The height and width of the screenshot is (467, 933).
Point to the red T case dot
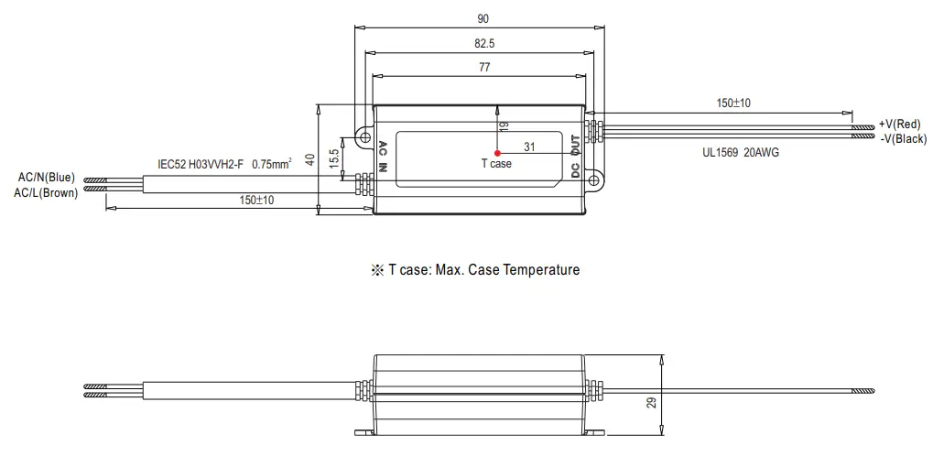coord(496,153)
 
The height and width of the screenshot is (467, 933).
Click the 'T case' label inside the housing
coord(496,164)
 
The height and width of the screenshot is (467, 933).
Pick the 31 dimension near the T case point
coord(529,147)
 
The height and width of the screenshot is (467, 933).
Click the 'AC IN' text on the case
coord(384,157)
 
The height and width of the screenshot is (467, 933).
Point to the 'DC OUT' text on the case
coord(575,157)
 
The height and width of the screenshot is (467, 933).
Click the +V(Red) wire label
coord(899,124)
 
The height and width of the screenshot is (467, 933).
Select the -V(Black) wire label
coord(902,138)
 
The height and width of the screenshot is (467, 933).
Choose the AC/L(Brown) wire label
coord(46,192)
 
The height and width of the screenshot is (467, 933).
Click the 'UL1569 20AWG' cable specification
coord(742,153)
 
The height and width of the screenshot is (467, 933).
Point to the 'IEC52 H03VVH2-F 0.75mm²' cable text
coord(223,164)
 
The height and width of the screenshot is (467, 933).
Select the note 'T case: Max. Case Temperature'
coord(474,270)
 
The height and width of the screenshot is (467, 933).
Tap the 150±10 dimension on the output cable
coord(733,103)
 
